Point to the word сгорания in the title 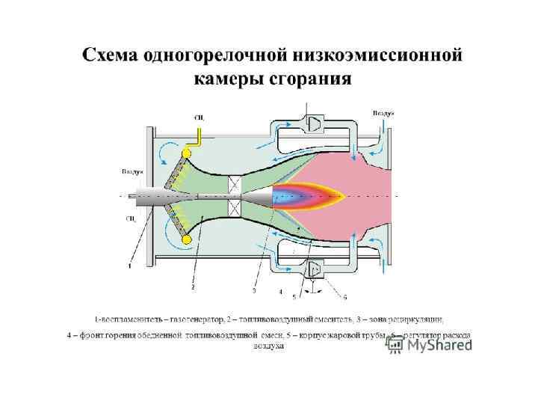pos(313,79)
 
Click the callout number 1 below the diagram pos(129,264)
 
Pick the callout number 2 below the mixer pos(193,287)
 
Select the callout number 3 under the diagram pos(255,290)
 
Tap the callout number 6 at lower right pos(344,296)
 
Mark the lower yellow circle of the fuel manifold pos(187,239)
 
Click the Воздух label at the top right pos(383,112)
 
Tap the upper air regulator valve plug pos(314,123)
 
